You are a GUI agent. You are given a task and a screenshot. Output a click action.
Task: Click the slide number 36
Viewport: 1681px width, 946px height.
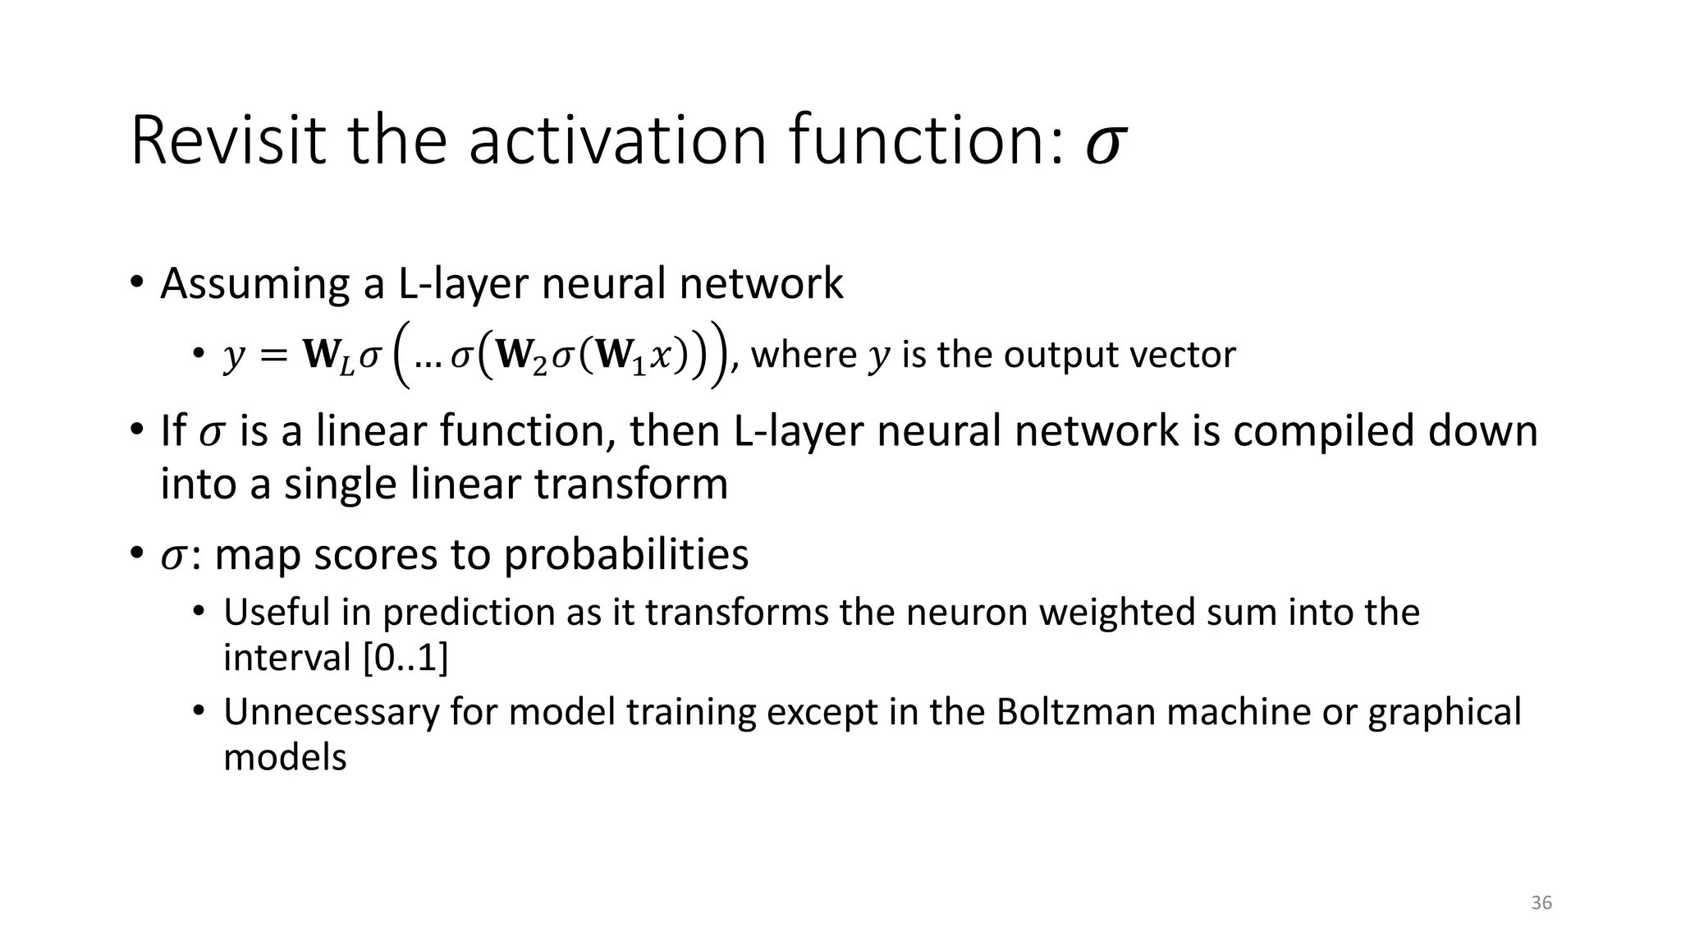(x=1541, y=903)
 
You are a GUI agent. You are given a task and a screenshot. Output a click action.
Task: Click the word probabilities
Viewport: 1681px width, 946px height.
(x=625, y=556)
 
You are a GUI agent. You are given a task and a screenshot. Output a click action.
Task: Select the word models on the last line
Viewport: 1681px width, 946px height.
(x=285, y=756)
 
